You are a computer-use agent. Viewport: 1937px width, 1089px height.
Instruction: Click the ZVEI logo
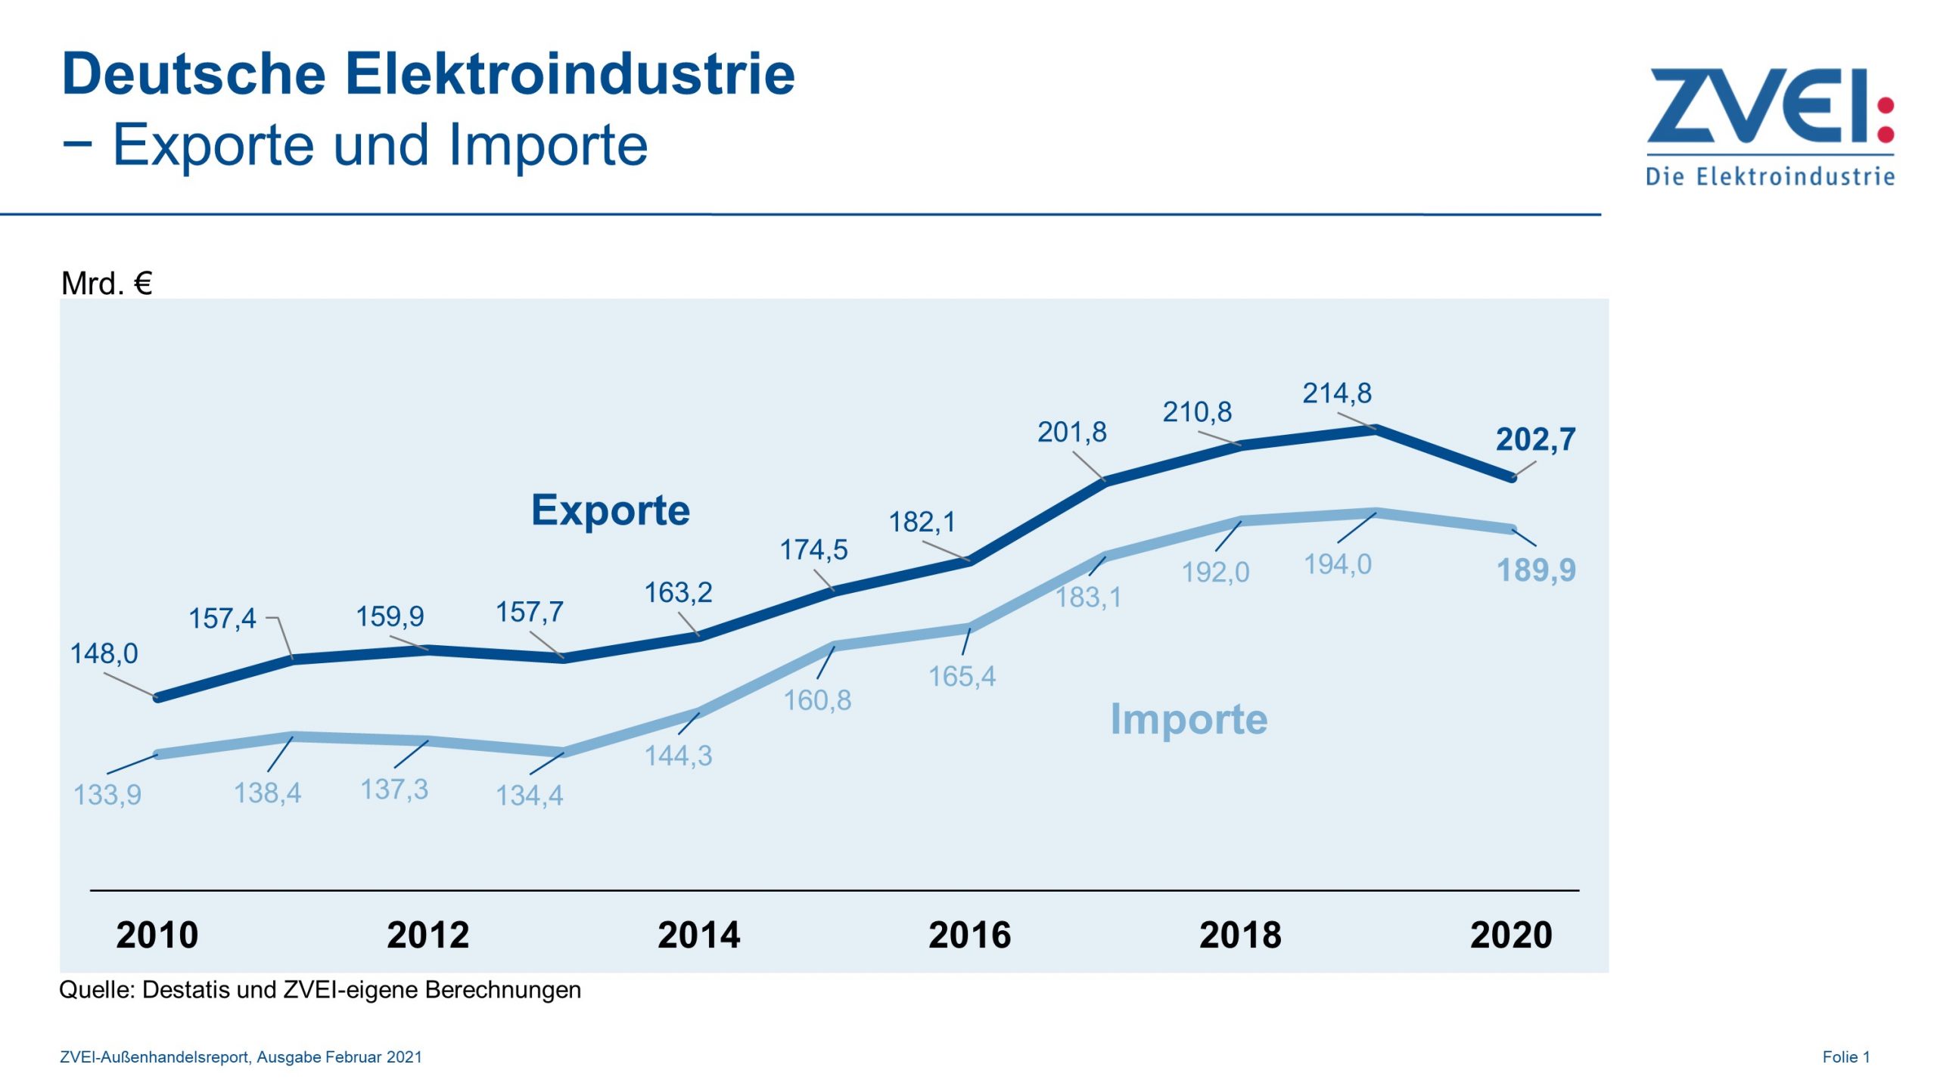(1771, 125)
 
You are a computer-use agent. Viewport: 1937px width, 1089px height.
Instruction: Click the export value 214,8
(1337, 393)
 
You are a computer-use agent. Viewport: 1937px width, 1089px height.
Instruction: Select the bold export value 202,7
(1535, 439)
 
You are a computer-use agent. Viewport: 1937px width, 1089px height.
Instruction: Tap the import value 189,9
(1536, 570)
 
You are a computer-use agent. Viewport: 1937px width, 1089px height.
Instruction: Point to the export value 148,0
(104, 654)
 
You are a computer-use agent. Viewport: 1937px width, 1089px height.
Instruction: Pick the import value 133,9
(107, 795)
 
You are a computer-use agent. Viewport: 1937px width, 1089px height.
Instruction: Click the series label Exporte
(611, 510)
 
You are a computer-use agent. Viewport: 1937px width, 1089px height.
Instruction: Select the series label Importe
(1189, 719)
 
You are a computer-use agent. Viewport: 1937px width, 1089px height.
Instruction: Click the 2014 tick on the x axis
(698, 935)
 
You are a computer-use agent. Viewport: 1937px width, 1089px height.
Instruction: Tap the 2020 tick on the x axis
(1511, 935)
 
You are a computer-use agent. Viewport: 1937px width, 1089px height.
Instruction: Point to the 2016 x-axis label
(969, 935)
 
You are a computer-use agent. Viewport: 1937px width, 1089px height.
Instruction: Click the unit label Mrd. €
(107, 284)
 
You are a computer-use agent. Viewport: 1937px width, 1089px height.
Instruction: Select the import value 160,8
(817, 701)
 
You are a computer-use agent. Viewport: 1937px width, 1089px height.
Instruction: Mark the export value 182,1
(922, 522)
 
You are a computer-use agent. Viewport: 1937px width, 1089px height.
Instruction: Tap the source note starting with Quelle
(320, 990)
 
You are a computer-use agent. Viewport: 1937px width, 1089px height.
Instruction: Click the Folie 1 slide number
(1846, 1057)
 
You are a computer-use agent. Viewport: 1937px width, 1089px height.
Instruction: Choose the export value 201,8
(1071, 433)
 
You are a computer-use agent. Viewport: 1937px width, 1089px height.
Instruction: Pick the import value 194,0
(1338, 565)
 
